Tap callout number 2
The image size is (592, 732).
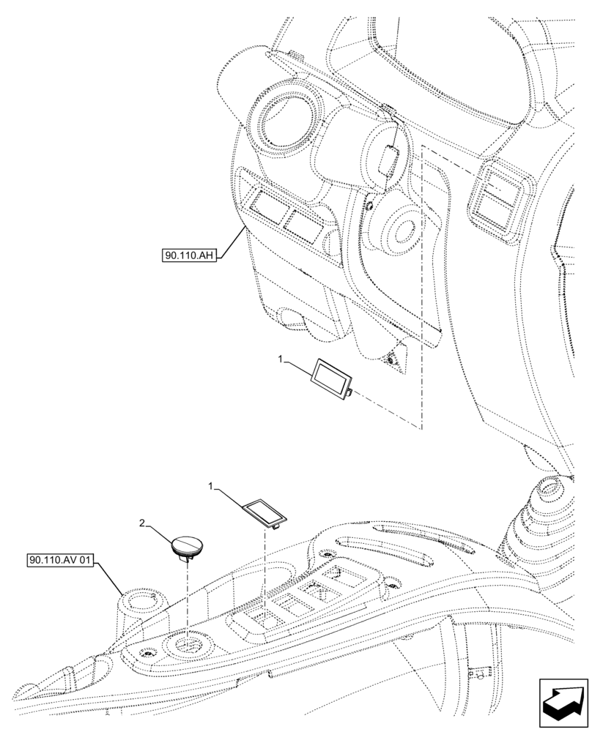click(x=144, y=523)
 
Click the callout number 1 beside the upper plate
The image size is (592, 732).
click(x=281, y=359)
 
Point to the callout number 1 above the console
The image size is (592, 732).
click(x=212, y=486)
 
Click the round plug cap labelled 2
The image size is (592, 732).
click(x=188, y=546)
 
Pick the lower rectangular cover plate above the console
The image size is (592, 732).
click(x=264, y=511)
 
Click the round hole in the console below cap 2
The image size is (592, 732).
click(x=188, y=645)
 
